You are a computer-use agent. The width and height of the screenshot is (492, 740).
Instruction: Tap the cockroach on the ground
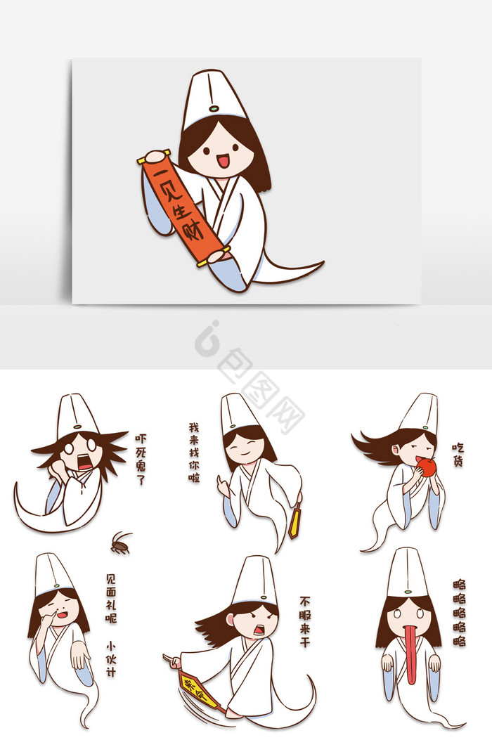(120, 543)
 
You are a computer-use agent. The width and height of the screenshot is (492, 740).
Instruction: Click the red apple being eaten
(427, 466)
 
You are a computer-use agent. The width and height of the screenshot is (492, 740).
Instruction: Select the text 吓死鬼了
(140, 460)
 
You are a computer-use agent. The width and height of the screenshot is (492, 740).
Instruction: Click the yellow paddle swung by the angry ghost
(200, 688)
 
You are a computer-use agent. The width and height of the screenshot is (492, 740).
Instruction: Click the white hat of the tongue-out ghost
(407, 573)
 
